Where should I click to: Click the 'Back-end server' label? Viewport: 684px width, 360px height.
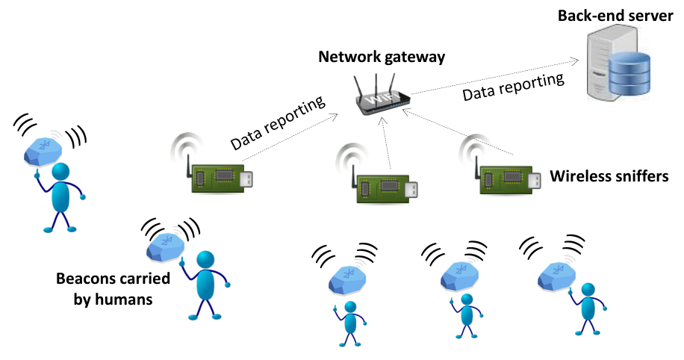click(615, 16)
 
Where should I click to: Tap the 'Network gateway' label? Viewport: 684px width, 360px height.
click(382, 57)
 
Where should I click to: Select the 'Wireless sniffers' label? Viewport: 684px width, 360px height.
click(609, 176)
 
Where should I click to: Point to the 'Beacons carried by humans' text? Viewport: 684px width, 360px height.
click(113, 289)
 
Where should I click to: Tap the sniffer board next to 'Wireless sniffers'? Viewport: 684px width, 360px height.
click(506, 180)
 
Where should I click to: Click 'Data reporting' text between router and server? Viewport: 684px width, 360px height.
click(514, 87)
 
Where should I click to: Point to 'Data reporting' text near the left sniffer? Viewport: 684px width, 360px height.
click(278, 122)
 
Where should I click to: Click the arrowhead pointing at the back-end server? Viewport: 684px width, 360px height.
click(575, 61)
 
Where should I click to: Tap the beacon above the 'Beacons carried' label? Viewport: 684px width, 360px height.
click(165, 247)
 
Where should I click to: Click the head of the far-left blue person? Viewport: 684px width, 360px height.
click(60, 172)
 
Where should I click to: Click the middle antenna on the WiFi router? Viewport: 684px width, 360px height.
click(376, 84)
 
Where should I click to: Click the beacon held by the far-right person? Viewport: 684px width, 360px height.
click(556, 276)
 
